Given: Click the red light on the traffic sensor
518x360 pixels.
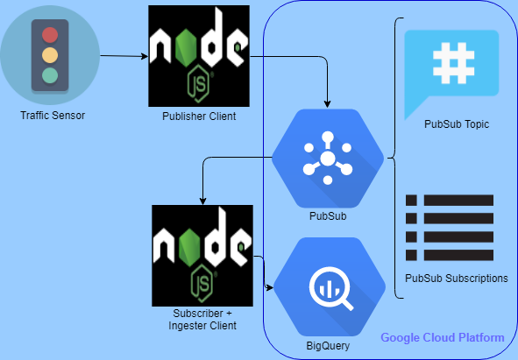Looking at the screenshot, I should (49, 36).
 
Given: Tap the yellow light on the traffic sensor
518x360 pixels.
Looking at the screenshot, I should (49, 55).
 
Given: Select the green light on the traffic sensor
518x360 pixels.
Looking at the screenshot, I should (49, 75).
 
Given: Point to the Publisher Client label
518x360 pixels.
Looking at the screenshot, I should (198, 116).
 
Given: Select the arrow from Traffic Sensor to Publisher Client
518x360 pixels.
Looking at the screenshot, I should (123, 56).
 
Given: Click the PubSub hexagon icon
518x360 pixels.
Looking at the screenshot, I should (328, 158).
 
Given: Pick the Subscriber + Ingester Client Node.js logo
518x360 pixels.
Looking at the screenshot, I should (202, 255).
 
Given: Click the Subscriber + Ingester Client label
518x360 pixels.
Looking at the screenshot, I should (202, 320).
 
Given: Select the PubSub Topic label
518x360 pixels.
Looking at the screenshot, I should (455, 124).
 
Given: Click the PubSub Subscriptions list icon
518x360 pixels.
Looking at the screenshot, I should (450, 227).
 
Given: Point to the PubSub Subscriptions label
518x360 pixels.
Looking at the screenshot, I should (457, 279).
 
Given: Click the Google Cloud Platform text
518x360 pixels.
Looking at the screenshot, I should (443, 338).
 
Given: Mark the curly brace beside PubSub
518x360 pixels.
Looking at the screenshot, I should (394, 158).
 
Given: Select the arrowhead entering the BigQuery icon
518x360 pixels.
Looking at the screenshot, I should (270, 286).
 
